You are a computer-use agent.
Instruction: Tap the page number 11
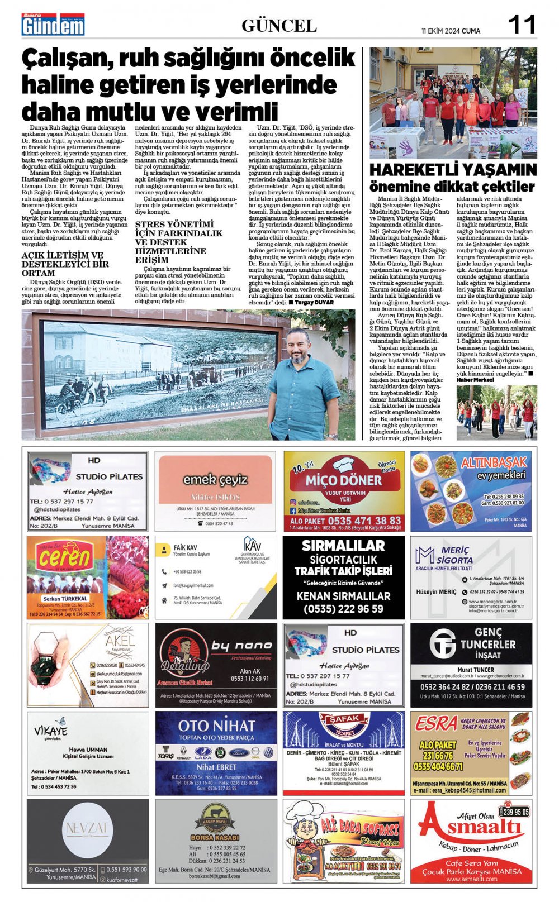pyautogui.click(x=521, y=25)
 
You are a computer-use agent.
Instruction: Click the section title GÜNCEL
pyautogui.click(x=279, y=26)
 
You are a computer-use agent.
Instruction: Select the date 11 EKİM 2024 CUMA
pyautogui.click(x=451, y=31)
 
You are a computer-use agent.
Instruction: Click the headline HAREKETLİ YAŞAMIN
pyautogui.click(x=453, y=170)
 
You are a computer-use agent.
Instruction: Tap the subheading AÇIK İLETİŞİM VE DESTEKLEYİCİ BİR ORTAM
pyautogui.click(x=65, y=264)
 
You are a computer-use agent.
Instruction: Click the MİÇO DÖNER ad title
pyautogui.click(x=343, y=480)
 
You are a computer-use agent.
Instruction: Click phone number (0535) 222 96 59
pyautogui.click(x=343, y=609)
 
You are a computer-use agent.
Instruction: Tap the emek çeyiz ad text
pyautogui.click(x=215, y=479)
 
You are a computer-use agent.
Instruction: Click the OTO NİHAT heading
pyautogui.click(x=216, y=726)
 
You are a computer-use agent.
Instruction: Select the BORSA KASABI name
pyautogui.click(x=215, y=838)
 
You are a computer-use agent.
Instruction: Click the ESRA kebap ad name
pyautogui.click(x=436, y=724)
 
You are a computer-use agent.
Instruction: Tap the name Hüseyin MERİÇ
pyautogui.click(x=436, y=591)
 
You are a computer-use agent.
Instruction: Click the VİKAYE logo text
pyautogui.click(x=51, y=731)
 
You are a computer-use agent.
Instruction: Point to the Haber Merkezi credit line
pyautogui.click(x=475, y=380)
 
